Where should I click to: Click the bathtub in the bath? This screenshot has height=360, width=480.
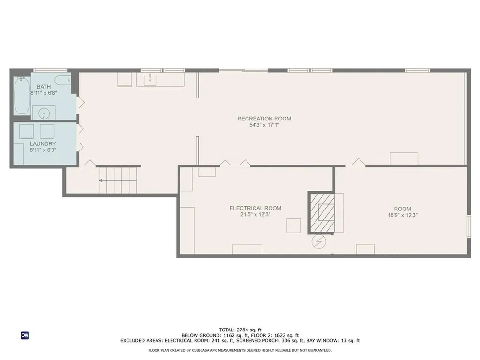[22, 96]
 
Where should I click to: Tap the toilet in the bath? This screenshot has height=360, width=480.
[63, 80]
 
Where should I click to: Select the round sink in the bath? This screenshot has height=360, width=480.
[44, 113]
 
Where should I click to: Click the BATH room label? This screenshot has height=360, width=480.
[44, 87]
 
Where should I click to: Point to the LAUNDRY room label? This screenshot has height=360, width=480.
[43, 143]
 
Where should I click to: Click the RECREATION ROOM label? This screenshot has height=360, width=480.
[264, 119]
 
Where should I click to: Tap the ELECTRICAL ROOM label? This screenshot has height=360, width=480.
[255, 208]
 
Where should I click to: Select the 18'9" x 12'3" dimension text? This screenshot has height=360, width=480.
[403, 215]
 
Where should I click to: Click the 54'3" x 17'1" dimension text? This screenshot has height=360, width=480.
[264, 125]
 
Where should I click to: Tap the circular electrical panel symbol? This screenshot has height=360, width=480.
[319, 242]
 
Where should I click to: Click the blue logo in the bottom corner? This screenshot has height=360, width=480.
[25, 336]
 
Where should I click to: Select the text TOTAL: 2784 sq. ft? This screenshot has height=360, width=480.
[240, 330]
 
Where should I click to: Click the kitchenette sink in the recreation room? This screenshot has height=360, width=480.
[150, 80]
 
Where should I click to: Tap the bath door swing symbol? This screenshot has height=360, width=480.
[81, 103]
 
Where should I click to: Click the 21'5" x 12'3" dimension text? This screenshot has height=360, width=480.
[255, 214]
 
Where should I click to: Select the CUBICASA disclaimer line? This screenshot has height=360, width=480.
[240, 350]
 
